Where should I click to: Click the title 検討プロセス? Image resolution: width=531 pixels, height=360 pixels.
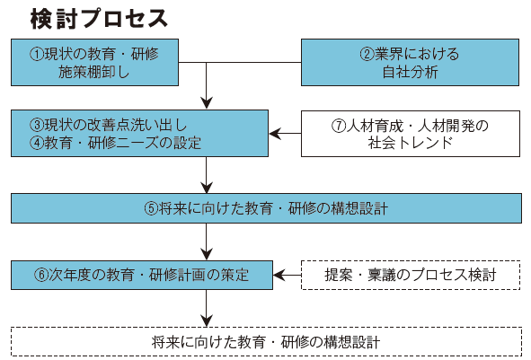99,19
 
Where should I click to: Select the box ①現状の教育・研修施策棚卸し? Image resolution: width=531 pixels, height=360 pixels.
95,62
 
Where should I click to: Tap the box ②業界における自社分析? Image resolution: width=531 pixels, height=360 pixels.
410,62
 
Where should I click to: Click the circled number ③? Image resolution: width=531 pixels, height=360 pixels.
37,125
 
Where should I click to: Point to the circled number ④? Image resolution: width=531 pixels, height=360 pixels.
37,143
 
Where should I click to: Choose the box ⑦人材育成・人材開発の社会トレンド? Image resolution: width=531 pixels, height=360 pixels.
411,134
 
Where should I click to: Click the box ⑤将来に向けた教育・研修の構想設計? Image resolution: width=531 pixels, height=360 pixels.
266,208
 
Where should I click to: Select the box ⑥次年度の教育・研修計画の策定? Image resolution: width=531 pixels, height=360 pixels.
142,275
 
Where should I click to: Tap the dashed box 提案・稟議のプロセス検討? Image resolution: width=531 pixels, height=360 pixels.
411,275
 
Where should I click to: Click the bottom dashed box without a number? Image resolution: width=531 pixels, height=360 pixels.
266,342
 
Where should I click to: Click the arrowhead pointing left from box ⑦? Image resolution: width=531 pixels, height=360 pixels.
275,134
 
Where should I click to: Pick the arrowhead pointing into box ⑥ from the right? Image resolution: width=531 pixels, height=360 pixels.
279,275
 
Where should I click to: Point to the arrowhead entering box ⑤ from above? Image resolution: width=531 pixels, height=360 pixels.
207,188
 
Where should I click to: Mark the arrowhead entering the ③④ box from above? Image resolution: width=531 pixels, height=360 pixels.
207,103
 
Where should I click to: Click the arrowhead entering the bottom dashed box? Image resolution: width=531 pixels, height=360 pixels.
207,321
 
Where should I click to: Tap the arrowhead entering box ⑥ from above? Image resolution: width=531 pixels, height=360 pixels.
207,254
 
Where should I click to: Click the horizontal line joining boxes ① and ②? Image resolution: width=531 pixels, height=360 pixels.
240,62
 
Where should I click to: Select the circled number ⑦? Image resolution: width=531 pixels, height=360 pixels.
339,127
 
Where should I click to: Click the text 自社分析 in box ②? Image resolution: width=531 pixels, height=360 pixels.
410,72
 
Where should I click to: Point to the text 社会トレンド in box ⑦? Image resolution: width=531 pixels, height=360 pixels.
411,143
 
